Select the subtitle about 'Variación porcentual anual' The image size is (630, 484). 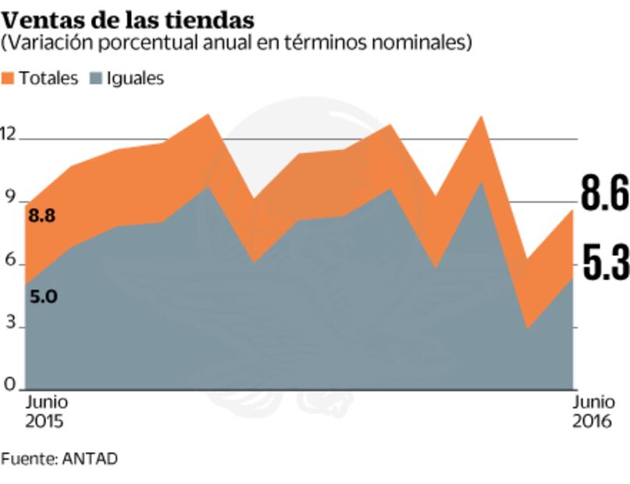237,43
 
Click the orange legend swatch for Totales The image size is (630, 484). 9,79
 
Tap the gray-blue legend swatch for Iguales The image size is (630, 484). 94,79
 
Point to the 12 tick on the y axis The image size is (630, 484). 9,133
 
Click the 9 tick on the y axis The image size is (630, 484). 9,198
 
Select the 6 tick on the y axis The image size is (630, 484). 9,261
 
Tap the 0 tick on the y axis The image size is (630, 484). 9,384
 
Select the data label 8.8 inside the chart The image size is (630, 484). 42,216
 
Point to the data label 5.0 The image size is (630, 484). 42,297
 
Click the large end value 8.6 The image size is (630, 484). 604,194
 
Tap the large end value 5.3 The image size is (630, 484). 604,264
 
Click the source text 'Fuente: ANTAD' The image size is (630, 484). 59,459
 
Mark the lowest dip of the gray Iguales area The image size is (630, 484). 529,329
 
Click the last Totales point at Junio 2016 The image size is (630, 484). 573,211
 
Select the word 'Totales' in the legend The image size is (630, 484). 48,79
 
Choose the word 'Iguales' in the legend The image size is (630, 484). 135,79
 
